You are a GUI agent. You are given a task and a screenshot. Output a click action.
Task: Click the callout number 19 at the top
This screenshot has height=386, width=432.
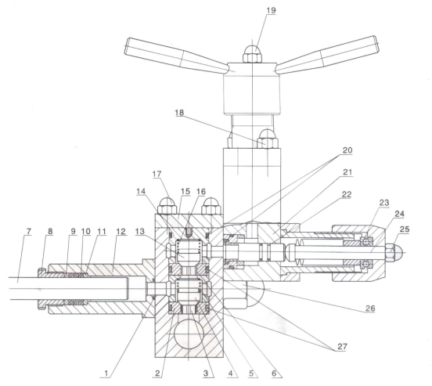tap(271, 10)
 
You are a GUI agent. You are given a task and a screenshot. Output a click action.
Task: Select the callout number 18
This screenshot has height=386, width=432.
tap(179, 113)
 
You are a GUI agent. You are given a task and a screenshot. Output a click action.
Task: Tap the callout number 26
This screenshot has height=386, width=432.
tap(370, 308)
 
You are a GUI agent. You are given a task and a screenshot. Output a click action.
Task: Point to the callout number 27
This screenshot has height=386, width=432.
tap(342, 346)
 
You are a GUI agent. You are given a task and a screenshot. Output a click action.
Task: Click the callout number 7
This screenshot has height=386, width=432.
tap(29, 231)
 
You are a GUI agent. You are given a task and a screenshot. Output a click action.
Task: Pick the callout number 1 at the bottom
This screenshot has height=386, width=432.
tap(106, 373)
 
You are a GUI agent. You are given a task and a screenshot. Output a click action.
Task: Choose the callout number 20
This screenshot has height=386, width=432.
tap(347, 150)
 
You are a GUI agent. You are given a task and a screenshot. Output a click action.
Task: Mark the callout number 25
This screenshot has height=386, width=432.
tap(405, 229)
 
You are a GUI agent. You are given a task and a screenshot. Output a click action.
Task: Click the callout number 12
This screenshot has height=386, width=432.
tap(121, 231)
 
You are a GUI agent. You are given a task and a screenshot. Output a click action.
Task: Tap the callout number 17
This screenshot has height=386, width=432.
tap(157, 175)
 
